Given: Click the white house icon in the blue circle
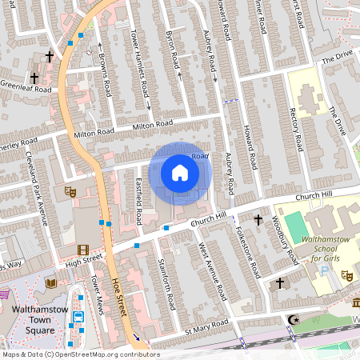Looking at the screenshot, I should (x=180, y=173).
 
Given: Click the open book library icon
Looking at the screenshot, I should (x=51, y=283).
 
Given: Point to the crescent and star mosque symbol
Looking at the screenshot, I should (x=292, y=322).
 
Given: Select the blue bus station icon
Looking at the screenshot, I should (x=79, y=317).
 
